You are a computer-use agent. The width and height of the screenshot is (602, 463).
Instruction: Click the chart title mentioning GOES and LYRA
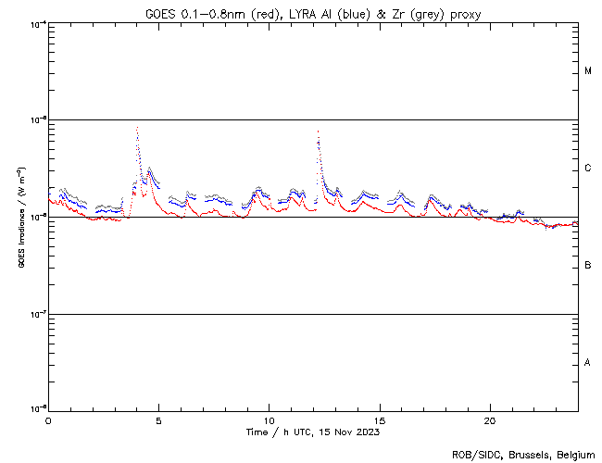pyautogui.click(x=313, y=13)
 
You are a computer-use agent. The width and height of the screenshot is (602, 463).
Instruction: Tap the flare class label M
pyautogui.click(x=588, y=71)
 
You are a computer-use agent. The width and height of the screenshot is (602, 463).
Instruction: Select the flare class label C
pyautogui.click(x=588, y=169)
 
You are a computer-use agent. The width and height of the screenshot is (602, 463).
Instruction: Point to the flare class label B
pyautogui.click(x=588, y=266)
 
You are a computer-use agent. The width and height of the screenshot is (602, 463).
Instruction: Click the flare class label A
pyautogui.click(x=588, y=362)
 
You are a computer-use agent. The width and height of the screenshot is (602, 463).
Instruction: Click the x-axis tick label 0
pyautogui.click(x=48, y=420)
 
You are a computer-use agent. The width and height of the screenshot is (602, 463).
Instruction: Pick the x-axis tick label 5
pyautogui.click(x=158, y=420)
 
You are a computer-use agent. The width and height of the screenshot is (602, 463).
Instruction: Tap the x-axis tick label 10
pyautogui.click(x=269, y=420)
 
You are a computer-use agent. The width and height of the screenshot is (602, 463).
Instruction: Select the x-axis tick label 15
pyautogui.click(x=379, y=420)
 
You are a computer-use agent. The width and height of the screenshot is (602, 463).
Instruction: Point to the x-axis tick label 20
pyautogui.click(x=489, y=420)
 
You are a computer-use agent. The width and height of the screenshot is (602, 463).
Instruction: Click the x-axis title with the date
pyautogui.click(x=312, y=432)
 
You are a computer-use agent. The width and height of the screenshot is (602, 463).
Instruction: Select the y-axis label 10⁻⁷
pyautogui.click(x=37, y=314)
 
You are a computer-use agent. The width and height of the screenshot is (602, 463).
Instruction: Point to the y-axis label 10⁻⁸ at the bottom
pyautogui.click(x=37, y=408)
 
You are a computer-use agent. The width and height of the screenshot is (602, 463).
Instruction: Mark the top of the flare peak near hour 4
pyautogui.click(x=137, y=128)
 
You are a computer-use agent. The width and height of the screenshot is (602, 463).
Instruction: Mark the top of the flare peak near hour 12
pyautogui.click(x=318, y=131)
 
